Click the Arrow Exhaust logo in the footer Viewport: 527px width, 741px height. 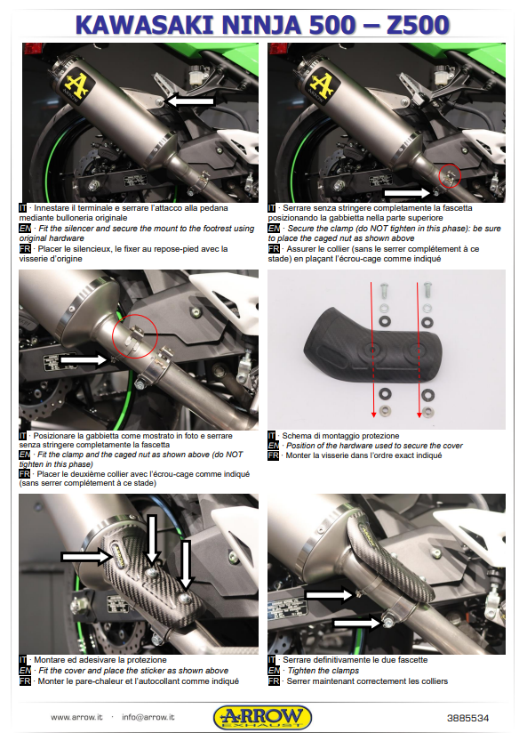coord(262,716)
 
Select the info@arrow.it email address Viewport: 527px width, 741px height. coord(148,717)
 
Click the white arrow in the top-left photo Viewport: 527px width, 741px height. coord(190,102)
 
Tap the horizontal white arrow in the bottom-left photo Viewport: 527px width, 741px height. coord(84,556)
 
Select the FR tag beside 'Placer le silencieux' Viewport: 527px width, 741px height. coord(24,249)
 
